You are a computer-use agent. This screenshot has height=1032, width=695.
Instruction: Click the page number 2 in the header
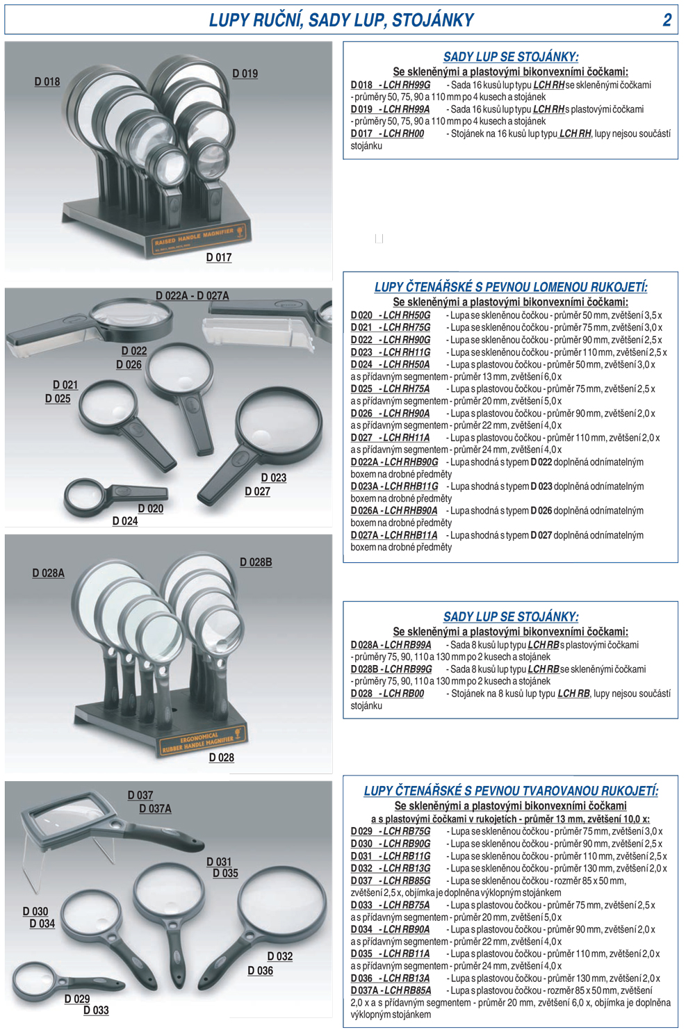(x=667, y=20)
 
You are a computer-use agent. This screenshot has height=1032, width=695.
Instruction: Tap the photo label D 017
(x=219, y=257)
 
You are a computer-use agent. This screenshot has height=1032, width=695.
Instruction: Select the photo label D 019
(x=245, y=73)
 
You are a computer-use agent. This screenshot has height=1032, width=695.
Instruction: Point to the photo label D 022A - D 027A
(x=193, y=296)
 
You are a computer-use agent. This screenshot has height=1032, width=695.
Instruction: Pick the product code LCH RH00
(x=404, y=133)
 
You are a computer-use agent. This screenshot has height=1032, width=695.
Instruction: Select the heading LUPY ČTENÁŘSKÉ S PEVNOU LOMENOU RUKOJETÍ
(x=511, y=287)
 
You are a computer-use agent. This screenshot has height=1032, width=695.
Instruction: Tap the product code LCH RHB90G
(x=411, y=461)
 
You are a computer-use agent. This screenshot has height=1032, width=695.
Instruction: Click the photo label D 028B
(x=256, y=562)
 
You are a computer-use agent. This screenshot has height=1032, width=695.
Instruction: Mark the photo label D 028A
(x=49, y=573)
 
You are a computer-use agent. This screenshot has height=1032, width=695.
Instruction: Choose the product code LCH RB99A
(x=408, y=644)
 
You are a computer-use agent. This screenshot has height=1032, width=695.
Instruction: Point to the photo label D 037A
(x=155, y=808)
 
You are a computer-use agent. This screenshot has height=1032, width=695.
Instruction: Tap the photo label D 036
(x=261, y=970)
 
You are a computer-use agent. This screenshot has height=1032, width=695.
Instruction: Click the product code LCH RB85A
(x=408, y=990)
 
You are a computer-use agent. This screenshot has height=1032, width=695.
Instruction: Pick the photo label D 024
(x=125, y=521)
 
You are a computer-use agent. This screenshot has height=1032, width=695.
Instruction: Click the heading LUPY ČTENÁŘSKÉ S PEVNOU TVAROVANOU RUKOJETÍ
(x=511, y=791)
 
